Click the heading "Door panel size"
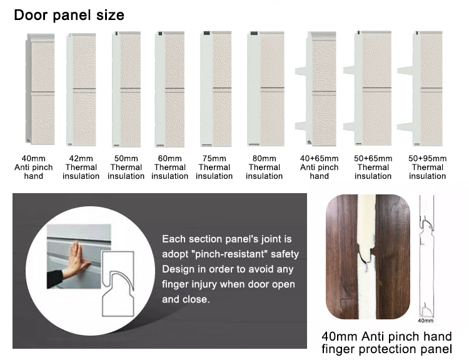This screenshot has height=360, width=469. (x=69, y=15)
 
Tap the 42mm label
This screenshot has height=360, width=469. (x=81, y=159)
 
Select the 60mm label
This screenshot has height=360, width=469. (x=170, y=159)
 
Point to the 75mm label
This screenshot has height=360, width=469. (x=214, y=159)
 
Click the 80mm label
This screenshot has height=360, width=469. (x=264, y=159)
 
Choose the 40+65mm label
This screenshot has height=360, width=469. (x=319, y=159)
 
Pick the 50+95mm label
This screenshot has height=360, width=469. (x=428, y=159)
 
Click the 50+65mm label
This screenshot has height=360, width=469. (x=373, y=159)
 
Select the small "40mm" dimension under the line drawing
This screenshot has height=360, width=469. (x=425, y=321)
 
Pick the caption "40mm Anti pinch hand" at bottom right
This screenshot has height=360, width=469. (x=386, y=337)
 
